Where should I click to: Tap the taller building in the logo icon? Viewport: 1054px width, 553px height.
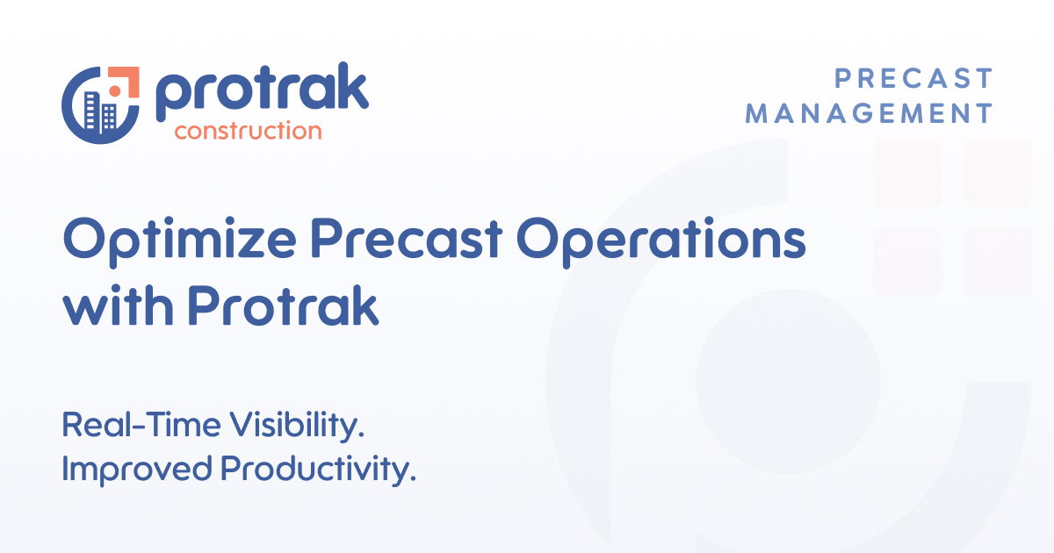90,111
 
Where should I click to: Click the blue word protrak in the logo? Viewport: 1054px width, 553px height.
262,93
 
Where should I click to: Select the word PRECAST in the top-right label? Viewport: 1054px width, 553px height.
913,79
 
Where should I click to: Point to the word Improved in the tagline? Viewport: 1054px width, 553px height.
136,469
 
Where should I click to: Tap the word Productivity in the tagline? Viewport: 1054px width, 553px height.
317,470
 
